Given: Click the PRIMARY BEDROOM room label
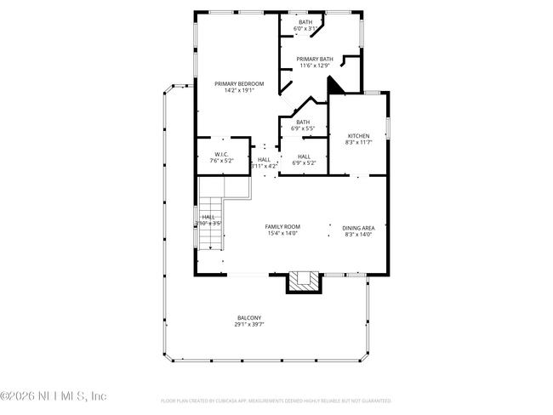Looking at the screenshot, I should (239, 83).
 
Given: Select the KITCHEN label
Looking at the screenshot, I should (358, 136).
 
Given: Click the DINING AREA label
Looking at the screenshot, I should (358, 227).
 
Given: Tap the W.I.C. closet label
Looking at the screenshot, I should (222, 154).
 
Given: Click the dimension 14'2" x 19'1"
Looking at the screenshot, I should (239, 90).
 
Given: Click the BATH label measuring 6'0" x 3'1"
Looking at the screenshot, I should (305, 21).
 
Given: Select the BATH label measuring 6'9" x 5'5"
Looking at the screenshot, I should (304, 122).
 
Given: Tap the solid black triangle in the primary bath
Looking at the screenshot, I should (336, 86).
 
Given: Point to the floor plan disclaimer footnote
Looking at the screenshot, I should (276, 400).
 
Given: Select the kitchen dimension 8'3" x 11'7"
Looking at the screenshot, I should (358, 143).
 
